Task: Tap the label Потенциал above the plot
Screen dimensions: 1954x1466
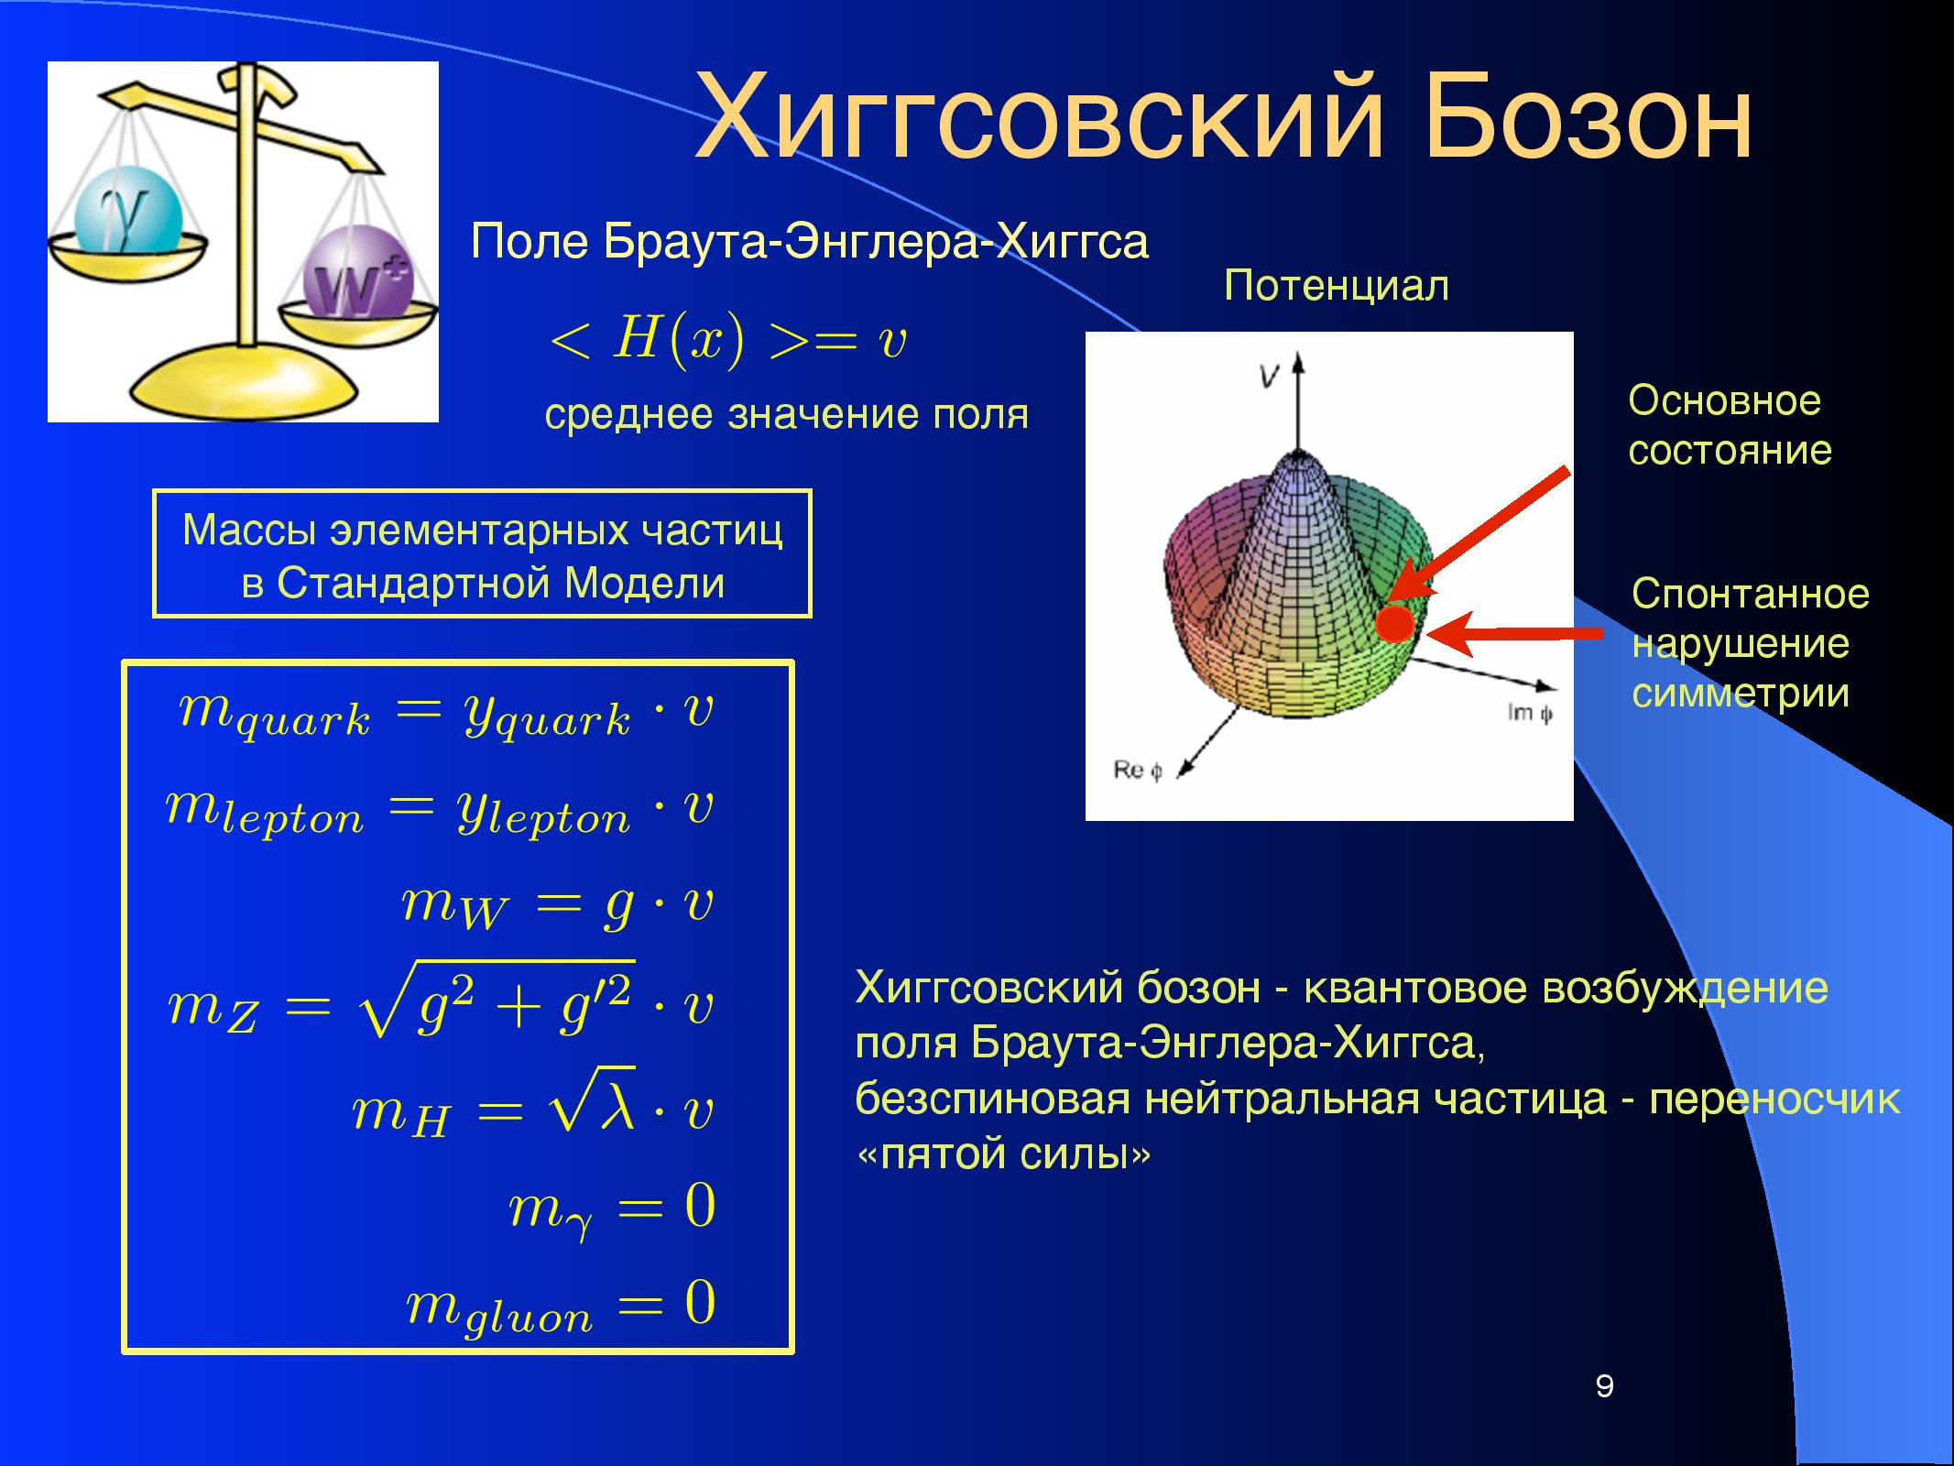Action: tap(1337, 286)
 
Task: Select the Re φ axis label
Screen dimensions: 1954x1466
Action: tap(1138, 771)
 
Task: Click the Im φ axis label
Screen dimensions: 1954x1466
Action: tap(1530, 712)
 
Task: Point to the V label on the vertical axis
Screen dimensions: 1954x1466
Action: tap(1268, 376)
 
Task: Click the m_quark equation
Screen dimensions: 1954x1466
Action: tap(445, 714)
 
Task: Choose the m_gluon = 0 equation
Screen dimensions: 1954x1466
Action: tap(561, 1307)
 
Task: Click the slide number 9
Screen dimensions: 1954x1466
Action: tap(1604, 1386)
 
